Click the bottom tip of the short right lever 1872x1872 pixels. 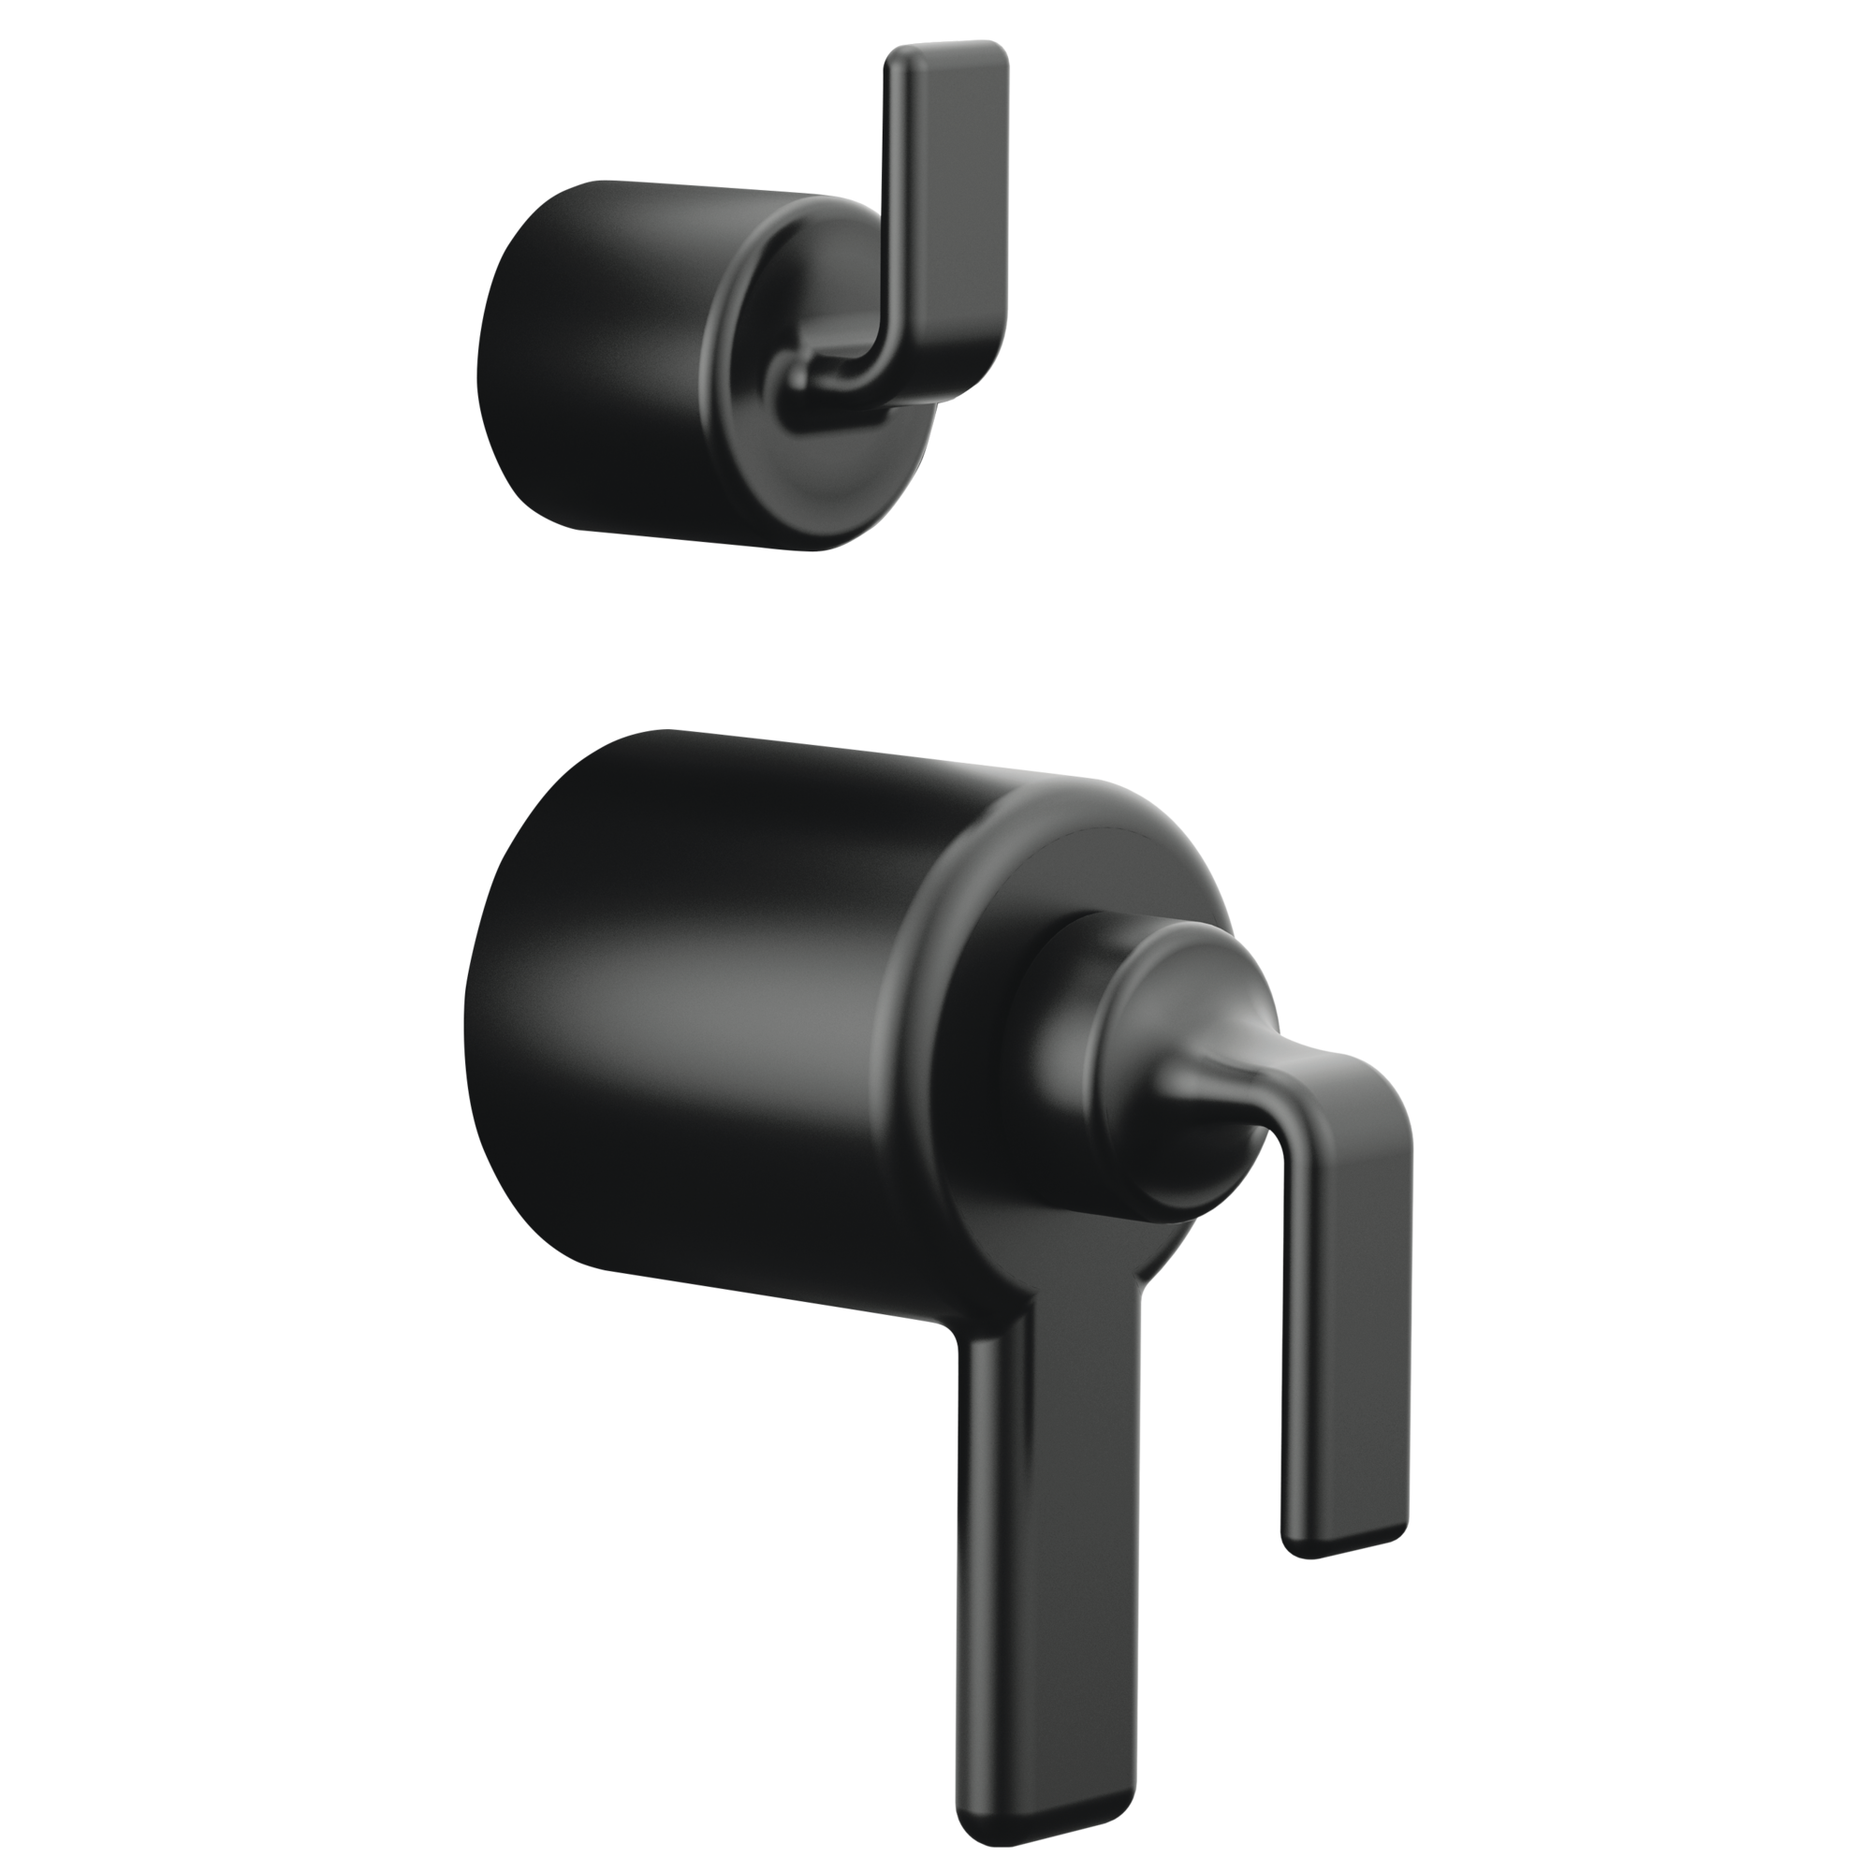pyautogui.click(x=1342, y=1536)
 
